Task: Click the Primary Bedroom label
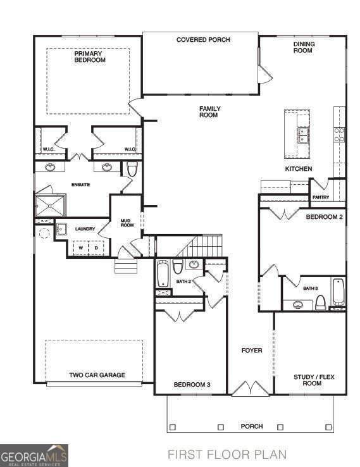[90, 56]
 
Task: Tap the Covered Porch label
[203, 40]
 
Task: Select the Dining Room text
[304, 47]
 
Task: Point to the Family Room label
[209, 111]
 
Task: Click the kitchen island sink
[303, 135]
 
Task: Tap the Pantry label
[321, 197]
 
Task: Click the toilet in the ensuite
[132, 169]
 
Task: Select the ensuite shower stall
[51, 205]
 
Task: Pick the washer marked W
[81, 247]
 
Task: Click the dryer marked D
[96, 247]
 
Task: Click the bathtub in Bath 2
[163, 273]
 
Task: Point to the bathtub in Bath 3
[338, 292]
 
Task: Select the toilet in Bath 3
[321, 302]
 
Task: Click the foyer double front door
[251, 389]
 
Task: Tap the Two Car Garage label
[97, 375]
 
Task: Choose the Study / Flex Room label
[314, 380]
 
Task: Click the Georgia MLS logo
[34, 456]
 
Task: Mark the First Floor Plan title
[227, 455]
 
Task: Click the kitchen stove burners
[339, 135]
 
